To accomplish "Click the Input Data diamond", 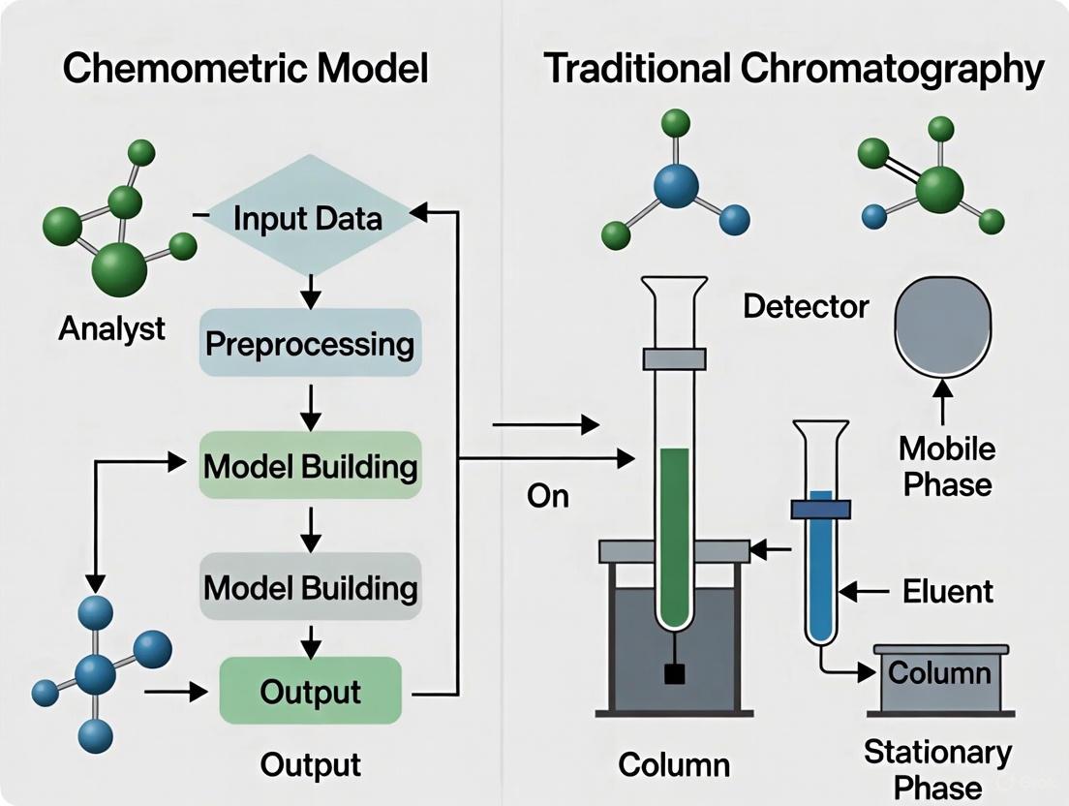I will pyautogui.click(x=308, y=218).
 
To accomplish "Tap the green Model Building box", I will pyautogui.click(x=310, y=466).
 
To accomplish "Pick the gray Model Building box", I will pyautogui.click(x=310, y=587).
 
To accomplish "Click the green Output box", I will pyautogui.click(x=310, y=691).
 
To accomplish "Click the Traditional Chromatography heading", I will pyautogui.click(x=793, y=70).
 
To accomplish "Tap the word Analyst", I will pyautogui.click(x=111, y=328).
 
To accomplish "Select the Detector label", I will pyautogui.click(x=806, y=307).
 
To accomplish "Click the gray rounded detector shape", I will pyautogui.click(x=944, y=325).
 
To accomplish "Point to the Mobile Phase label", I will pyautogui.click(x=946, y=466).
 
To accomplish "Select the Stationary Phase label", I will pyautogui.click(x=937, y=766).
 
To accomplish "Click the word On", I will pyautogui.click(x=547, y=496).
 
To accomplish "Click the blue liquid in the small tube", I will pyautogui.click(x=820, y=572).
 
